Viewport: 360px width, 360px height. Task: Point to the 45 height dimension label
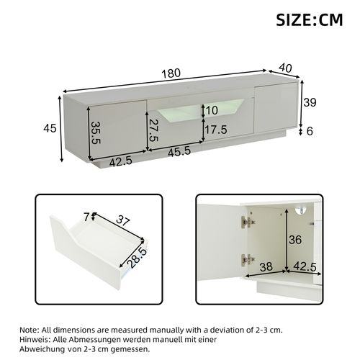coord(49,128)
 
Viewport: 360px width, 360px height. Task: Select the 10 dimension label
coord(210,109)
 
